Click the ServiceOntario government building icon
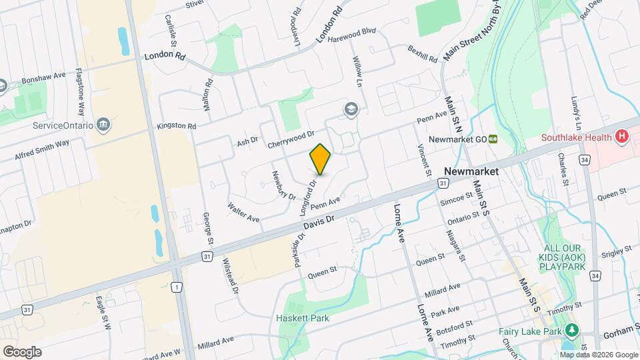click(x=103, y=125)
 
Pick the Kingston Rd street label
click(x=177, y=125)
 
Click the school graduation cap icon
click(x=351, y=109)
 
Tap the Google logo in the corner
click(x=21, y=351)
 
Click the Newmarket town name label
click(x=471, y=171)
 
